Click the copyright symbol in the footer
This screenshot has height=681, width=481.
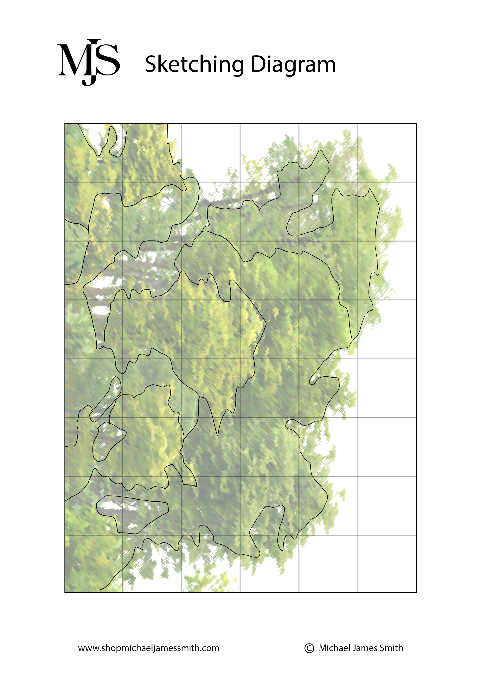(x=309, y=648)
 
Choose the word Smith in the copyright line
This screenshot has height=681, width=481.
(x=391, y=648)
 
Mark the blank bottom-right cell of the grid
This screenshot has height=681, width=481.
(x=387, y=564)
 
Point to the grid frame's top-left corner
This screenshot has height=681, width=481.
(x=65, y=123)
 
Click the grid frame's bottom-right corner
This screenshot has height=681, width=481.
(x=416, y=592)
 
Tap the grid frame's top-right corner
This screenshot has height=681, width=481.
(x=416, y=123)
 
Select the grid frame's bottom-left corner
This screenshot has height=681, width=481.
(x=65, y=592)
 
